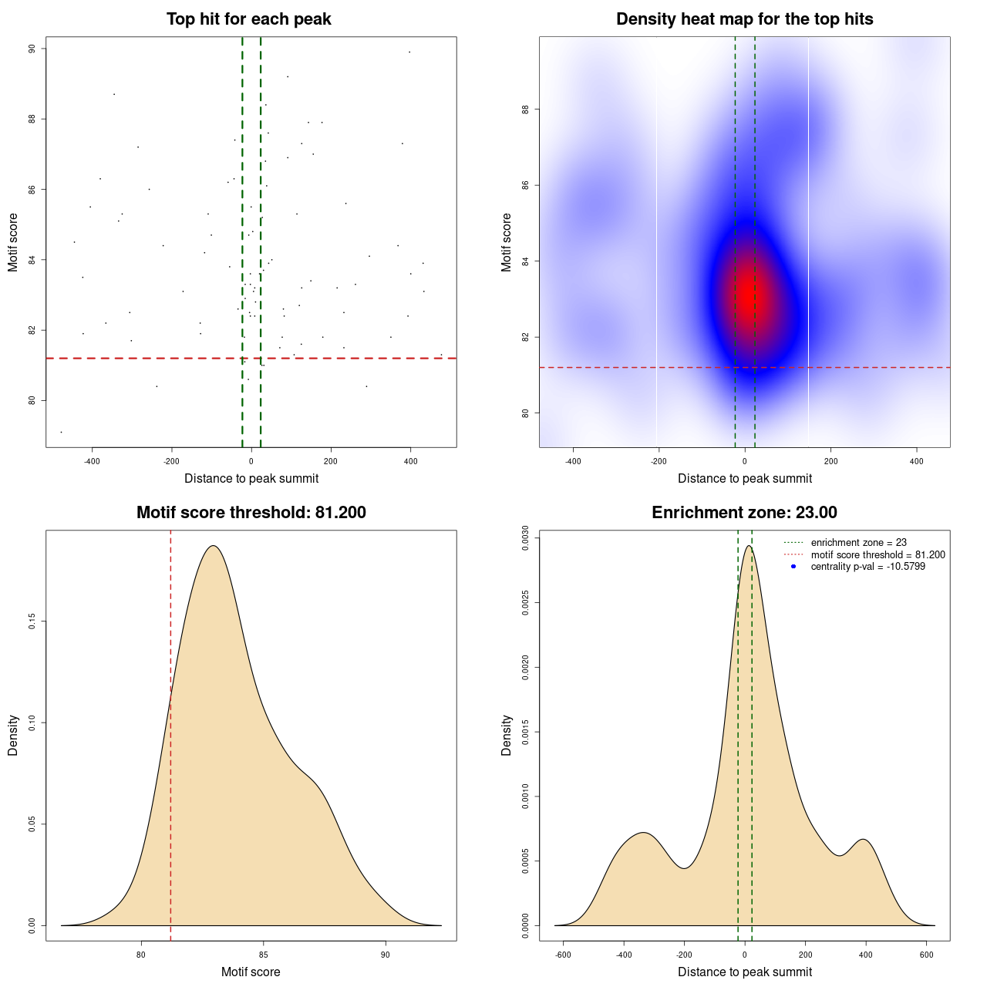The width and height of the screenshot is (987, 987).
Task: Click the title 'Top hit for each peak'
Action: pyautogui.click(x=248, y=19)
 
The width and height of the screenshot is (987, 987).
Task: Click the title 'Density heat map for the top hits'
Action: pyautogui.click(x=744, y=19)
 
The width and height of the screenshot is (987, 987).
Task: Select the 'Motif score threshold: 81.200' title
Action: pyautogui.click(x=251, y=513)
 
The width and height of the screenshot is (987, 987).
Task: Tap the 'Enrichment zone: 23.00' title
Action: pyautogui.click(x=744, y=513)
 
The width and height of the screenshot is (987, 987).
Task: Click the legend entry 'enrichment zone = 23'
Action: pyautogui.click(x=858, y=543)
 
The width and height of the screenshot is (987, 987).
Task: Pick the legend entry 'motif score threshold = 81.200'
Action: pyautogui.click(x=878, y=555)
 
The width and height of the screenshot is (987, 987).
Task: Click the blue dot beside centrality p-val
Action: pyautogui.click(x=793, y=567)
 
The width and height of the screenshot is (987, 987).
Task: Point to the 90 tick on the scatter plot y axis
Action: pyautogui.click(x=32, y=49)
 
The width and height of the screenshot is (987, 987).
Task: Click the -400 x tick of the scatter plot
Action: pyautogui.click(x=92, y=461)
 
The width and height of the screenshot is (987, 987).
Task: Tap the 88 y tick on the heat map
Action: pyautogui.click(x=526, y=109)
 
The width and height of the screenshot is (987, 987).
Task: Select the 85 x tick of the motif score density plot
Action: pyautogui.click(x=264, y=955)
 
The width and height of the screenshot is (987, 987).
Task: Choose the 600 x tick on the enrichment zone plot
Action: pyautogui.click(x=927, y=955)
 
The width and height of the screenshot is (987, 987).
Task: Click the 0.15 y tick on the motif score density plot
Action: pyautogui.click(x=32, y=622)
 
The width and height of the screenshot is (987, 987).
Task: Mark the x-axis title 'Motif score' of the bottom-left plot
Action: pyautogui.click(x=251, y=972)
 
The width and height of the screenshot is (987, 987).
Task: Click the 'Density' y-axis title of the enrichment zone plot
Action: pyautogui.click(x=507, y=735)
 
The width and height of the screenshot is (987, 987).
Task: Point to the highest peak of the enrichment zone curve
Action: pyautogui.click(x=747, y=546)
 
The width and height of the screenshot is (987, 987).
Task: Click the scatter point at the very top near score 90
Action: pyautogui.click(x=409, y=52)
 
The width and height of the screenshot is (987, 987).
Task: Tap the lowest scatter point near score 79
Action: pyautogui.click(x=61, y=432)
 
